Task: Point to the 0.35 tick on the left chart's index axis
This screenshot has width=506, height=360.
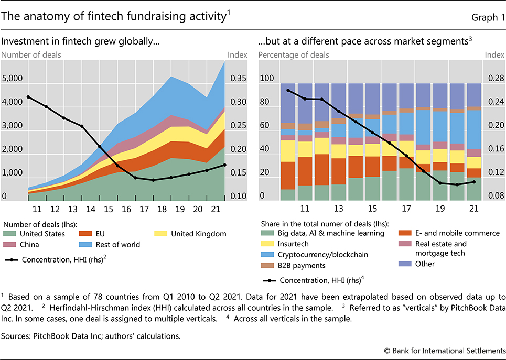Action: [238, 79]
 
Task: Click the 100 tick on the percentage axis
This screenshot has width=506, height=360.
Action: [267, 79]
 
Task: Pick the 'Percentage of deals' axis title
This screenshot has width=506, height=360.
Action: [294, 54]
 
